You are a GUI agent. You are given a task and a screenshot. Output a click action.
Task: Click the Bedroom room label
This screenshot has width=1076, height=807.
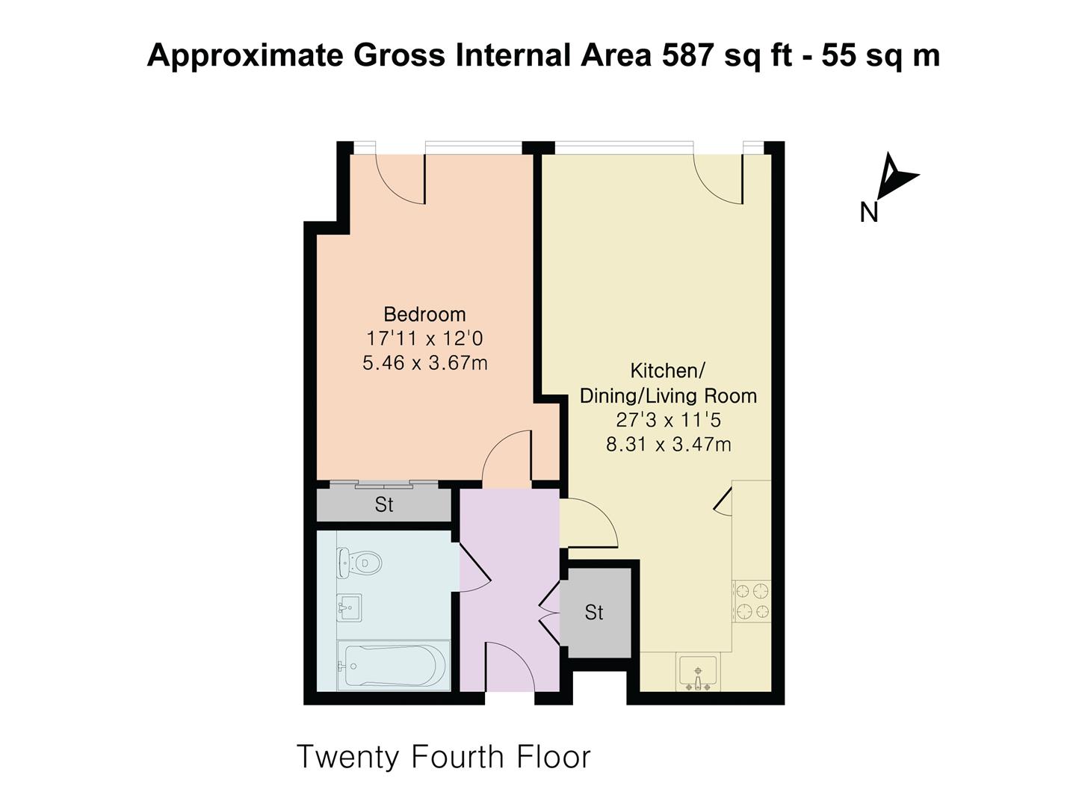(424, 314)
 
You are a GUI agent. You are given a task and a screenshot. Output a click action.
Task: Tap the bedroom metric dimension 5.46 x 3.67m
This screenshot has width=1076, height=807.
(424, 363)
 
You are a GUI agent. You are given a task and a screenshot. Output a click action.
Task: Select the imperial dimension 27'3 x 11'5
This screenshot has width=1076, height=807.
(668, 420)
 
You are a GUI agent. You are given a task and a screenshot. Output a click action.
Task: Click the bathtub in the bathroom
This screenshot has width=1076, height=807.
(393, 664)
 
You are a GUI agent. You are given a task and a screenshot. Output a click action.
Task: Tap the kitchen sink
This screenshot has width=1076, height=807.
(698, 672)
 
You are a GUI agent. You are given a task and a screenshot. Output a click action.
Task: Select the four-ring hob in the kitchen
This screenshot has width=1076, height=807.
(752, 602)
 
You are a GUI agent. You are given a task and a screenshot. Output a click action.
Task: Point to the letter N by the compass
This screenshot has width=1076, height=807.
(868, 213)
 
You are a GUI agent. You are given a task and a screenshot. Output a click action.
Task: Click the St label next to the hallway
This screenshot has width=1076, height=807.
(594, 613)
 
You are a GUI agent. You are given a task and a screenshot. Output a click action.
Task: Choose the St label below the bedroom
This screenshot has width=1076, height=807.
(383, 505)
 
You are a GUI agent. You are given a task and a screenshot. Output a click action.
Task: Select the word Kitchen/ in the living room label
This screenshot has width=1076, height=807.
(668, 371)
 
